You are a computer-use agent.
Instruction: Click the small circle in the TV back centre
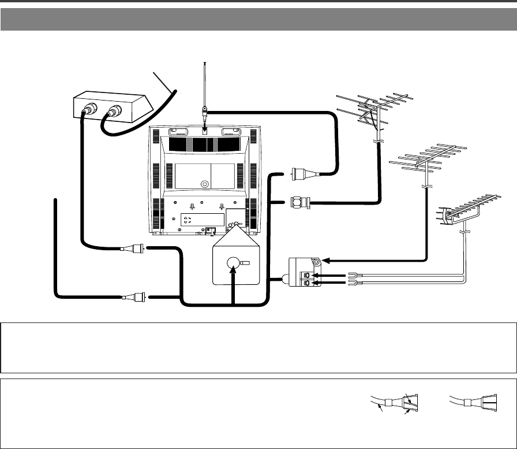[x=204, y=185]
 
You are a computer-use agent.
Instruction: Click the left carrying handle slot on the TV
[x=176, y=132]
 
